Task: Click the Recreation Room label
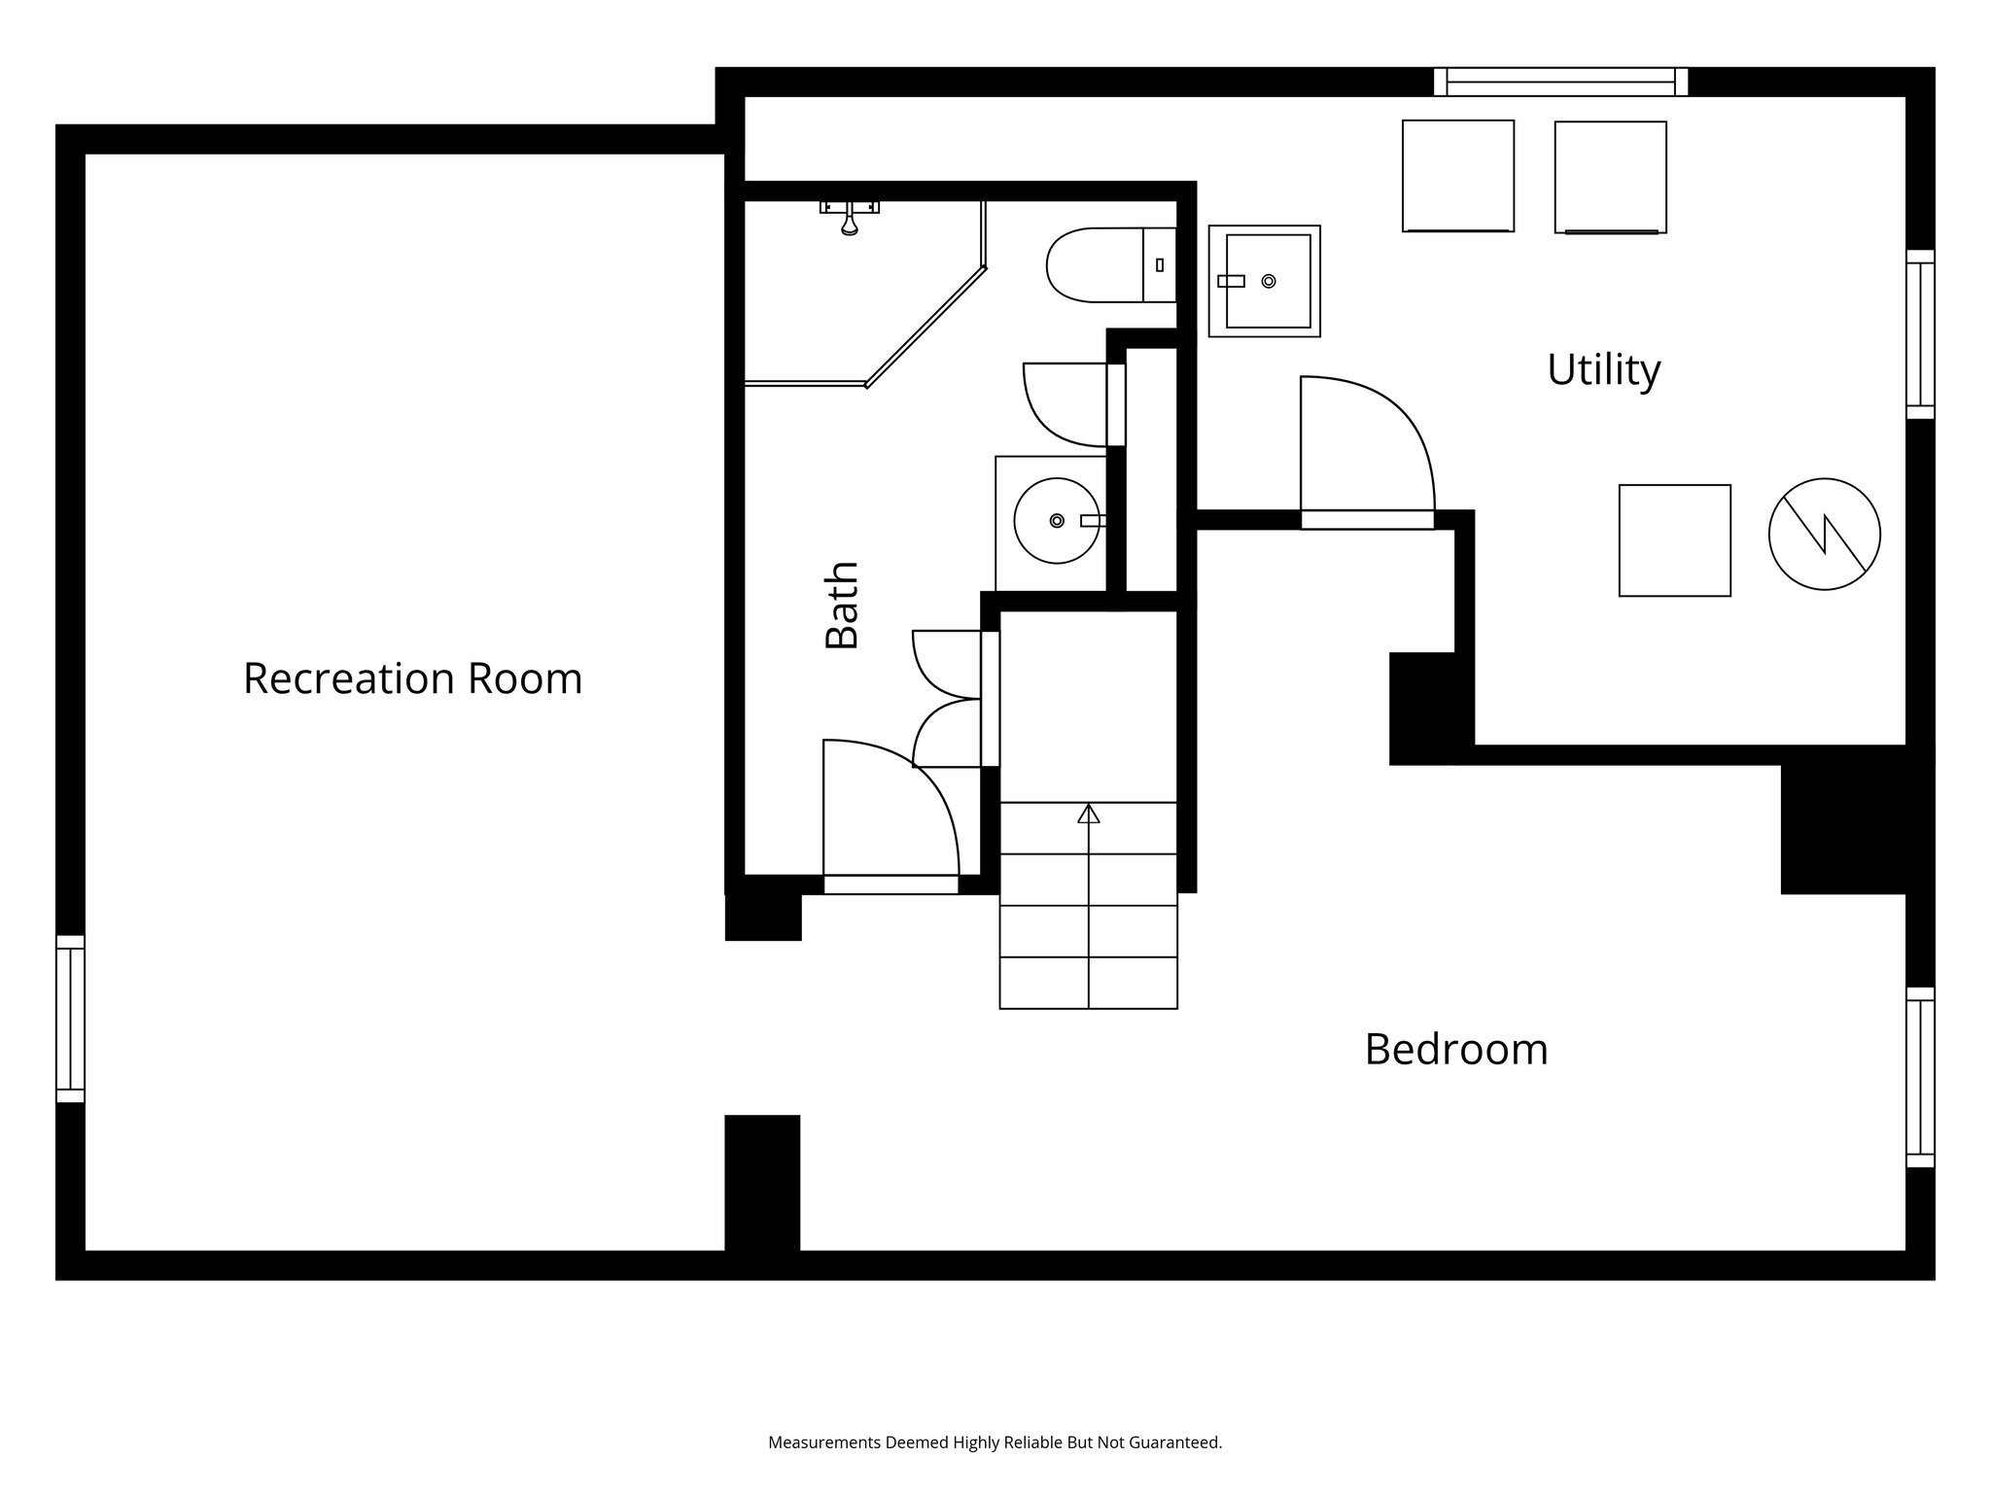pyautogui.click(x=412, y=678)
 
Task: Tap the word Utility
pyautogui.click(x=1603, y=369)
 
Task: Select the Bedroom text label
pyautogui.click(x=1455, y=1050)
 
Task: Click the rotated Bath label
pyautogui.click(x=842, y=605)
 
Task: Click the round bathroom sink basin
pyautogui.click(x=1057, y=520)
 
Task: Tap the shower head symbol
pyautogui.click(x=850, y=220)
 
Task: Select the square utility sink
pyautogui.click(x=1265, y=281)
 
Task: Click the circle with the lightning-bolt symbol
pyautogui.click(x=1824, y=534)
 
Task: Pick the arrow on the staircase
pyautogui.click(x=1089, y=814)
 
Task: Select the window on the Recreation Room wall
pyautogui.click(x=70, y=1019)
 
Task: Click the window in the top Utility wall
pyautogui.click(x=1560, y=82)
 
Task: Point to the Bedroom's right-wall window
pyautogui.click(x=1920, y=1077)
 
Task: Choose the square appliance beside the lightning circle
pyautogui.click(x=1674, y=540)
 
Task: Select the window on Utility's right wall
pyautogui.click(x=1920, y=334)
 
